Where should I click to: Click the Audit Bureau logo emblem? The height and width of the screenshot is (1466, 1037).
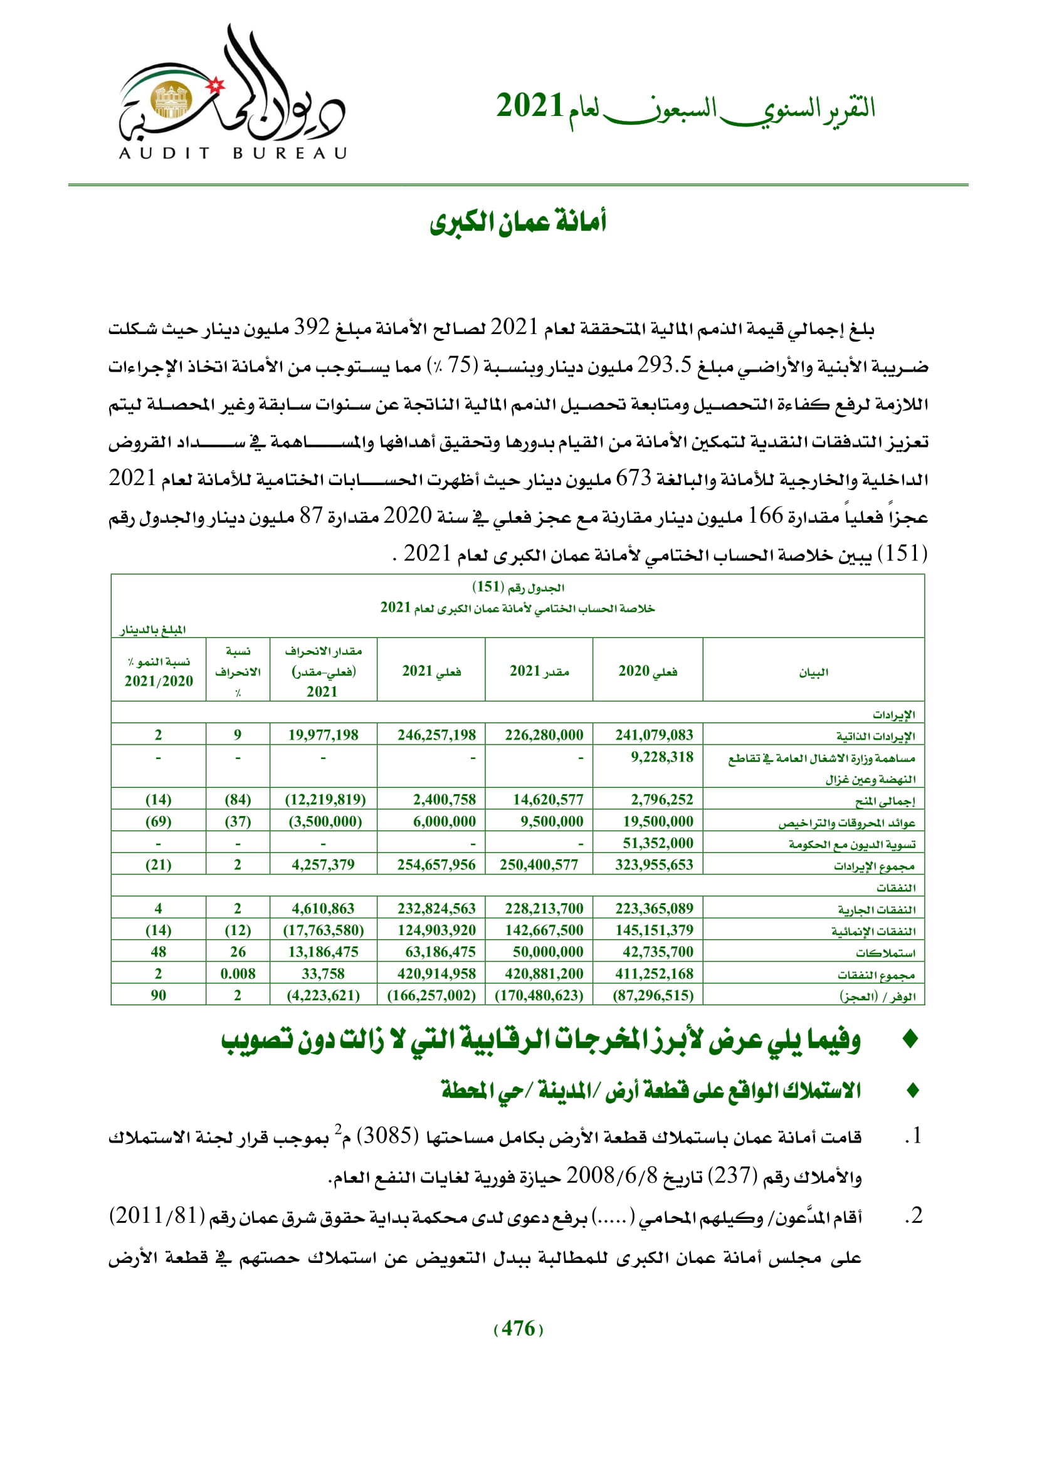[x=171, y=100]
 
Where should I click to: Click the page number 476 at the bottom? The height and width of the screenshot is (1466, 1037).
[x=518, y=1329]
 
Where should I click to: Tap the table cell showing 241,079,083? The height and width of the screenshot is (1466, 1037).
[x=653, y=735]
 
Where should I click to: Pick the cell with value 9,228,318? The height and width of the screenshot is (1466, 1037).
[x=661, y=757]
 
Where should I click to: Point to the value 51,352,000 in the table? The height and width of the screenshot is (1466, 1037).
[x=658, y=843]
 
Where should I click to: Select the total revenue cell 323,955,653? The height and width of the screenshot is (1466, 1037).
[x=653, y=864]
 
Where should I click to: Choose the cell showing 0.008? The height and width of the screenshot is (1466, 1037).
[x=238, y=974]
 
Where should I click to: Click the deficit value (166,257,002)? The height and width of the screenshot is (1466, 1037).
[x=431, y=995]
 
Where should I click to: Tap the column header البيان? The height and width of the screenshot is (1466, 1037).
[x=814, y=672]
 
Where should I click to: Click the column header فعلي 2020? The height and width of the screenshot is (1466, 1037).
[x=648, y=671]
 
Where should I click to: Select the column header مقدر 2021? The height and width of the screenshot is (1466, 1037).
[x=539, y=671]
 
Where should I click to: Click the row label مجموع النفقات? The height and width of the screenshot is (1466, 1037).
[x=876, y=975]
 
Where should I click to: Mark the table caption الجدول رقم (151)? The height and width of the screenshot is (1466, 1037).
[x=518, y=587]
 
